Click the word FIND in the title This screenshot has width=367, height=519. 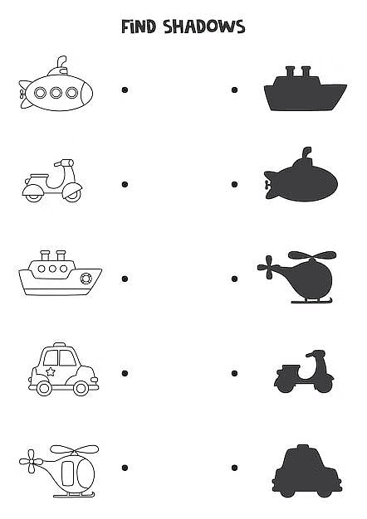click(138, 27)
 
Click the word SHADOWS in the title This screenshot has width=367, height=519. click(204, 27)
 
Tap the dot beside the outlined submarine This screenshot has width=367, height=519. click(125, 90)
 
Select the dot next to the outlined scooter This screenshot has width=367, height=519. click(125, 184)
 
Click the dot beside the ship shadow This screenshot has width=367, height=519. click(234, 90)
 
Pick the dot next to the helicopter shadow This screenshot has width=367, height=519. click(234, 279)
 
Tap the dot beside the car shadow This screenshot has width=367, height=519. click(234, 468)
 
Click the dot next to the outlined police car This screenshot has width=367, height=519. click(125, 373)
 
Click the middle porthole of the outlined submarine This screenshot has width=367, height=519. click(56, 93)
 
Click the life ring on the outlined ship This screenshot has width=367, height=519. click(86, 279)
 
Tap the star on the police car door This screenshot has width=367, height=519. click(51, 371)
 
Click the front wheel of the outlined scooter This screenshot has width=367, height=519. click(73, 196)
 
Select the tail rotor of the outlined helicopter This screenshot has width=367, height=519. click(31, 461)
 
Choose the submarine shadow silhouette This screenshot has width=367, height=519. click(301, 174)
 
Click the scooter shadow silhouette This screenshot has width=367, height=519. click(304, 371)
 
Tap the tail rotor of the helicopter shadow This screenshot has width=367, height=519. click(267, 267)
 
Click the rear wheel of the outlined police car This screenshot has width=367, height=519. click(81, 388)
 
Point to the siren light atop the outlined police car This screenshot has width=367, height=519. click(59, 344)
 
